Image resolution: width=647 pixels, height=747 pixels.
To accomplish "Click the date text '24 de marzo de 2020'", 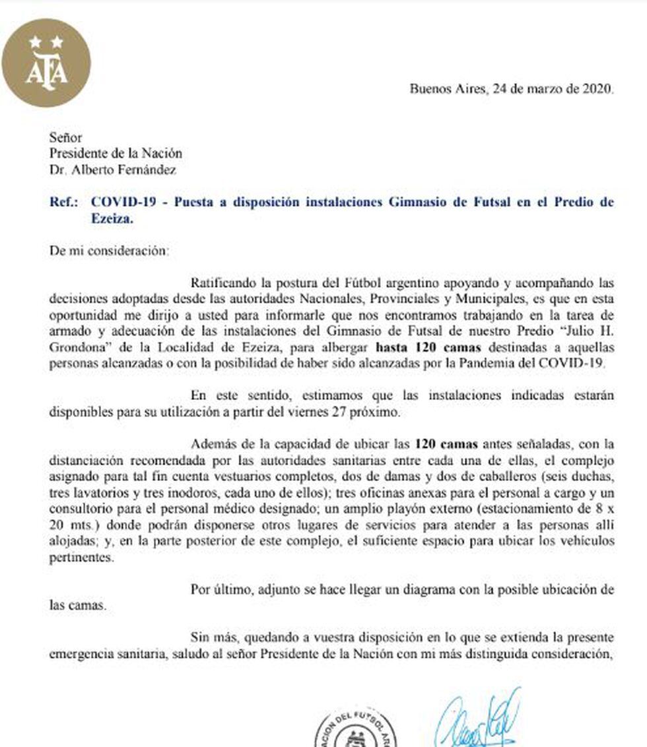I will [553, 89].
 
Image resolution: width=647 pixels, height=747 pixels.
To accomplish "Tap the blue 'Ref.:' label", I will [65, 203].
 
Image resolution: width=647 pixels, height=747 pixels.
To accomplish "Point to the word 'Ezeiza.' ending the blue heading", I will [112, 220].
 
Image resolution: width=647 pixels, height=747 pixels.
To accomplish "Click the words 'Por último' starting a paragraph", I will [218, 589].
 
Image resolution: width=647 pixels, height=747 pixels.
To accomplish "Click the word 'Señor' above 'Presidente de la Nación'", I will [65, 138].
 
